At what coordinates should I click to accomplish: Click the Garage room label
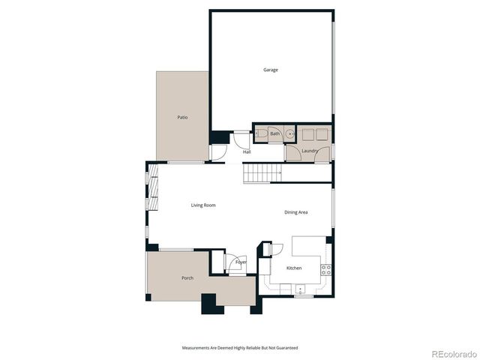click(270, 70)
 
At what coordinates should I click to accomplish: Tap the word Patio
click(182, 117)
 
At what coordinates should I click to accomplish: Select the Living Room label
click(203, 205)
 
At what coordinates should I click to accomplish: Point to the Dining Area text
click(295, 212)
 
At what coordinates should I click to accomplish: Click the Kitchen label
click(294, 268)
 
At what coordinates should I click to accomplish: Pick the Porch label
click(187, 278)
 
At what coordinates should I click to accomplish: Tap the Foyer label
click(241, 262)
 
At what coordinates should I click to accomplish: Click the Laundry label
click(310, 151)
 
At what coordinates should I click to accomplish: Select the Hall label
click(246, 151)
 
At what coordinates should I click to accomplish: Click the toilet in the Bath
click(261, 134)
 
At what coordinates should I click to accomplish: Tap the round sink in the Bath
click(288, 134)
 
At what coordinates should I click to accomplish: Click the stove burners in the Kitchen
click(326, 269)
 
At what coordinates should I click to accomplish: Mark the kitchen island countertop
click(308, 247)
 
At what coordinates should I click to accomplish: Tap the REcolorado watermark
click(453, 352)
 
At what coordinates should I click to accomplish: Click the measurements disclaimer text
click(239, 348)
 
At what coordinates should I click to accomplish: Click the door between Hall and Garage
click(240, 139)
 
